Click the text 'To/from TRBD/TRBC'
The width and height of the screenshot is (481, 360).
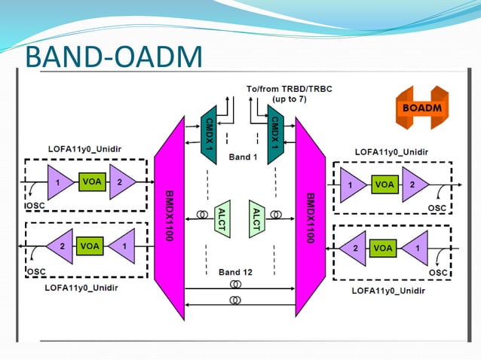click(x=289, y=89)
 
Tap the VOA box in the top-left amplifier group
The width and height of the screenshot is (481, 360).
click(x=90, y=182)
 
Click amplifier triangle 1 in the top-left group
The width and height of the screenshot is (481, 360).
click(x=57, y=182)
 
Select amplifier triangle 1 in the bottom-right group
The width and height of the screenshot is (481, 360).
click(x=415, y=247)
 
